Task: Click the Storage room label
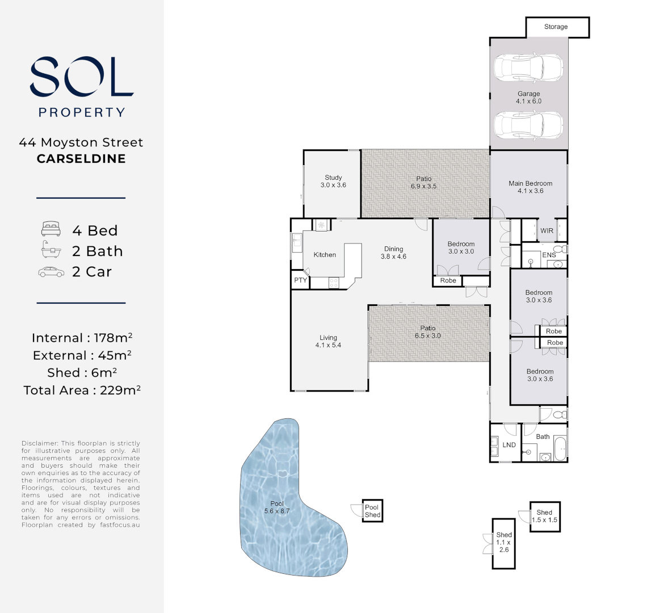(x=556, y=27)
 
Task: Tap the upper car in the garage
(x=528, y=68)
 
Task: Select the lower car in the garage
(x=528, y=125)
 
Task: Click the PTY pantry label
(x=300, y=280)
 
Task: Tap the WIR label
(x=547, y=230)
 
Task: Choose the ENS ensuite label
(x=549, y=255)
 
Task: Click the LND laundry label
(x=509, y=445)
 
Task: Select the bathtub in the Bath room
(x=560, y=448)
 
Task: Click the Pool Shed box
(x=372, y=511)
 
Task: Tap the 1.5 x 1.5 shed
(x=545, y=517)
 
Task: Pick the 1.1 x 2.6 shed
(x=503, y=544)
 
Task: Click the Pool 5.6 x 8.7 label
(x=277, y=507)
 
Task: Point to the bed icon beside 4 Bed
(x=51, y=229)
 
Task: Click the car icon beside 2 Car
(x=51, y=272)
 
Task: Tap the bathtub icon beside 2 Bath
(x=51, y=249)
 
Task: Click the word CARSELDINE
(x=81, y=158)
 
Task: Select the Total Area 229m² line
(x=82, y=390)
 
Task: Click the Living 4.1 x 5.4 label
(x=328, y=341)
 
